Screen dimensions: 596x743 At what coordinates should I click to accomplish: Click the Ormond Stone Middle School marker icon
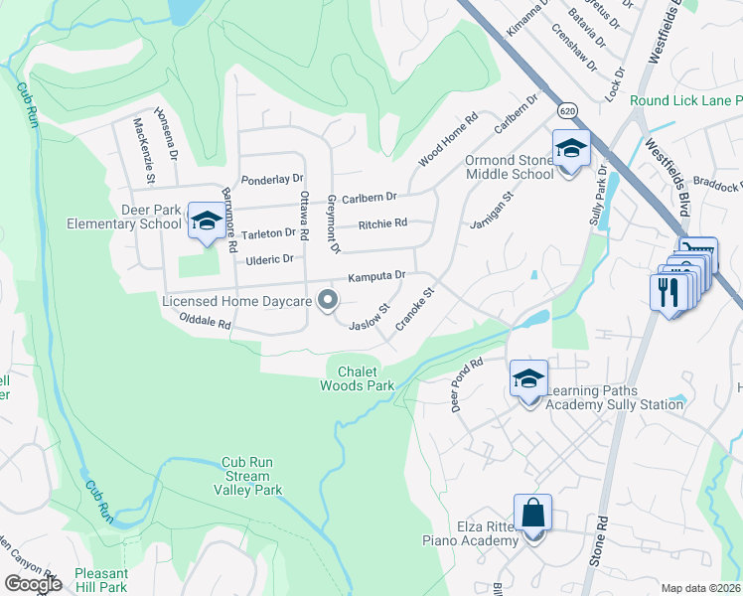[571, 149]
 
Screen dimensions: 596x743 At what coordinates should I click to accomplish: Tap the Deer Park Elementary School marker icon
[207, 221]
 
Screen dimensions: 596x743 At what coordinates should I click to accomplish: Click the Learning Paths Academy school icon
[528, 378]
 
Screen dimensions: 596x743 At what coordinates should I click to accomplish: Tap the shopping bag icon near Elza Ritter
[533, 514]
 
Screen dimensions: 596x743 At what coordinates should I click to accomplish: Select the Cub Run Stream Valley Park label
[246, 476]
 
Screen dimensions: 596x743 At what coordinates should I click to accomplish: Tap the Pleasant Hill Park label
[100, 580]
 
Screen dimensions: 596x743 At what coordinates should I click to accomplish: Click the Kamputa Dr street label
[375, 275]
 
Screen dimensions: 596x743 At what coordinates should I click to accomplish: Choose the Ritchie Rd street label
[382, 223]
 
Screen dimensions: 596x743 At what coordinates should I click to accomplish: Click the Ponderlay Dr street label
[271, 179]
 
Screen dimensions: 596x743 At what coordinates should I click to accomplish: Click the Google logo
[33, 584]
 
